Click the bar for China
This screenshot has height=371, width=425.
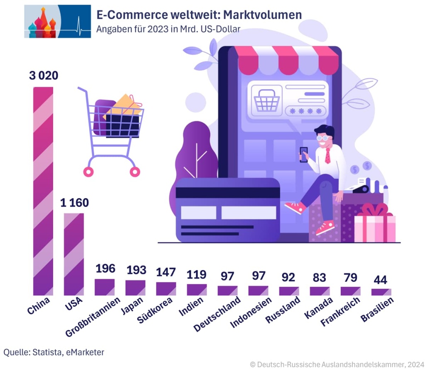coord(43,191)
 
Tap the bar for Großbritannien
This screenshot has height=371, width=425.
coord(105,287)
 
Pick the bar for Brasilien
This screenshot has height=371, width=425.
coord(381,292)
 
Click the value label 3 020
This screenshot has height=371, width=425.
coord(43,76)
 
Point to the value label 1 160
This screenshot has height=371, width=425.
coord(74,203)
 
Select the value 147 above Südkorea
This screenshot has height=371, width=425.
coord(166,272)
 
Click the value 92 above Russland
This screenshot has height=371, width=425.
coord(289,277)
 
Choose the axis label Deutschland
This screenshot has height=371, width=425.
coord(217,314)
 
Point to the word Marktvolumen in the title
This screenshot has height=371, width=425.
coord(263,15)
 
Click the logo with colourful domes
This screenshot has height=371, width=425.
coord(57,21)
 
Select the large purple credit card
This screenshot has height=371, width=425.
coord(228,210)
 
